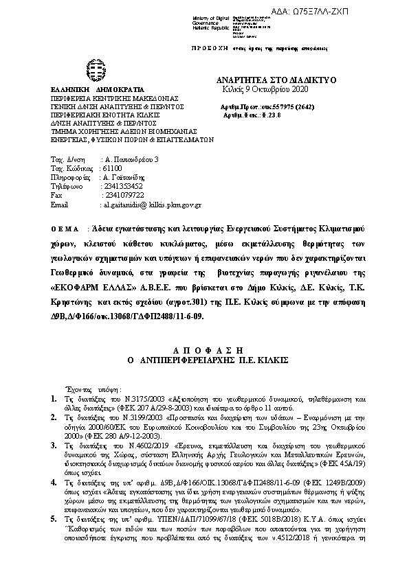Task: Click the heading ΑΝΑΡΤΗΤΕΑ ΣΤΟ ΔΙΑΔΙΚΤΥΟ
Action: click(x=276, y=80)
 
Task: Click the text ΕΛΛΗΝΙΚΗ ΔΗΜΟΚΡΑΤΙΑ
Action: click(x=97, y=90)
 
